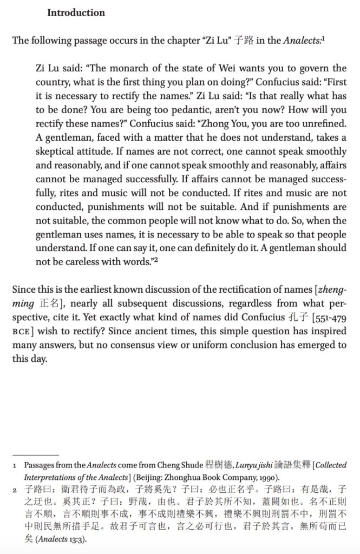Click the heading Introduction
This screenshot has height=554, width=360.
coord(76,12)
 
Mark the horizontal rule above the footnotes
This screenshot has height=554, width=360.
coord(35,455)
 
